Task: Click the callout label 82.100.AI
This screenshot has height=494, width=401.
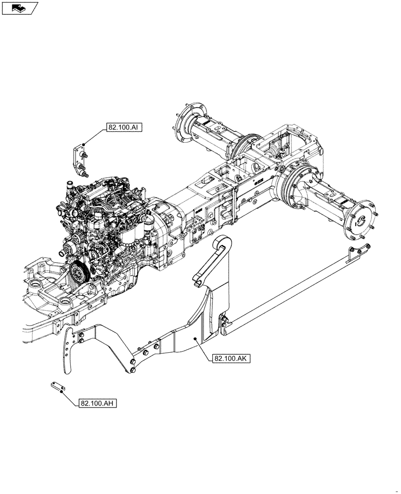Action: coord(123,127)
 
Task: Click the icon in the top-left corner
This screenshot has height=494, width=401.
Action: coord(19,8)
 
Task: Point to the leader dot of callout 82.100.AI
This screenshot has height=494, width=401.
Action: coord(84,144)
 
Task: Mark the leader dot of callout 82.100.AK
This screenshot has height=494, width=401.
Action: coord(196,338)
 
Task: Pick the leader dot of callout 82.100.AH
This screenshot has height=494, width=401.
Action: coord(61,393)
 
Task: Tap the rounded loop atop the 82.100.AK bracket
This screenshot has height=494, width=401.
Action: coord(221,245)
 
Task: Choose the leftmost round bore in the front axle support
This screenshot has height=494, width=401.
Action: coord(36,287)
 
